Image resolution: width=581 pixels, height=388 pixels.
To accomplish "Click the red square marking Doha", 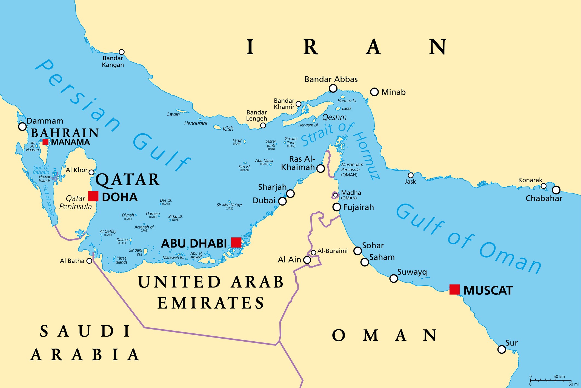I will [x=93, y=196].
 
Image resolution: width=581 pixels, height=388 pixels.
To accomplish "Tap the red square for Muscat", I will [x=454, y=289].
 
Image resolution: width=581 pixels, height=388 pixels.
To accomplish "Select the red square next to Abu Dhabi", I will [x=236, y=243].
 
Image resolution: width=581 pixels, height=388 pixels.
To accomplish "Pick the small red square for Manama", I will [x=45, y=142].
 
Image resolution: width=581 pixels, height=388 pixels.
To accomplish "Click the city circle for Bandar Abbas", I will [x=333, y=88].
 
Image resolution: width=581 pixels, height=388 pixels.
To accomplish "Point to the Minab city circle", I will [x=374, y=92].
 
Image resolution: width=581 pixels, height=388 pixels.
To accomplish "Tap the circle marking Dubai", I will [x=282, y=201].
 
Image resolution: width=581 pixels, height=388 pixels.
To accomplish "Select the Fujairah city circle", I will [x=337, y=207].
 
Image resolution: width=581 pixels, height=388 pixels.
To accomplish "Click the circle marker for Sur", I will [x=502, y=349].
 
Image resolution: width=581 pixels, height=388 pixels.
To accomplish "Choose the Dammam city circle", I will [x=22, y=127].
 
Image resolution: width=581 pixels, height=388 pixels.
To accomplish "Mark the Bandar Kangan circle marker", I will [x=122, y=52].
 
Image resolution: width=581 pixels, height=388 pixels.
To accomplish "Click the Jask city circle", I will [x=411, y=175].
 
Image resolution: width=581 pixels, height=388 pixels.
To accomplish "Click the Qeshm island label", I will [x=334, y=117].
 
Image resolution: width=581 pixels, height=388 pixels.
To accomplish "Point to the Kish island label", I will [x=228, y=129].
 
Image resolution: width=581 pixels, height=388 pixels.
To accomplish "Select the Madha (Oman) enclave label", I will [x=351, y=195].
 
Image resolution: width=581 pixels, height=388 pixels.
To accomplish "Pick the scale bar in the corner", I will [x=551, y=380].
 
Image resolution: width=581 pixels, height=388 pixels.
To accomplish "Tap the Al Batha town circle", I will [x=89, y=261].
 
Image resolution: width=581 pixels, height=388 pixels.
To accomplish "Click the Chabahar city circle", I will [x=556, y=190].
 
